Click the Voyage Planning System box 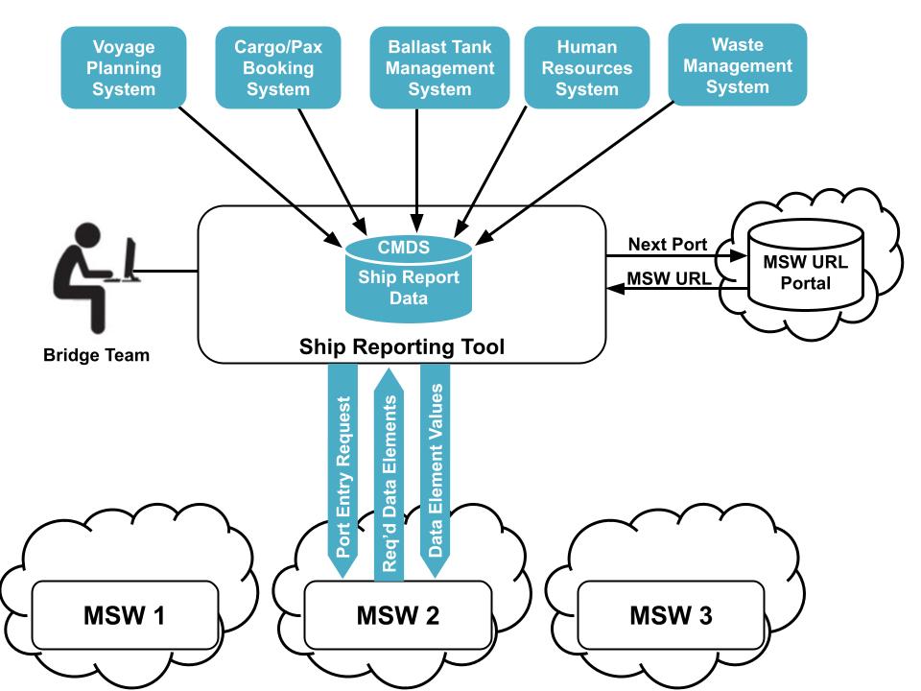[124, 68]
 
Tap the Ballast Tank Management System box [440, 68]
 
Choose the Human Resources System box [587, 68]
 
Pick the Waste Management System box [738, 65]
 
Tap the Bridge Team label [96, 356]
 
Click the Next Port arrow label [668, 245]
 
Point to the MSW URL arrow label [668, 279]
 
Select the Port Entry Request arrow [345, 470]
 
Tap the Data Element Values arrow [435, 470]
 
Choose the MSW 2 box [397, 615]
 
